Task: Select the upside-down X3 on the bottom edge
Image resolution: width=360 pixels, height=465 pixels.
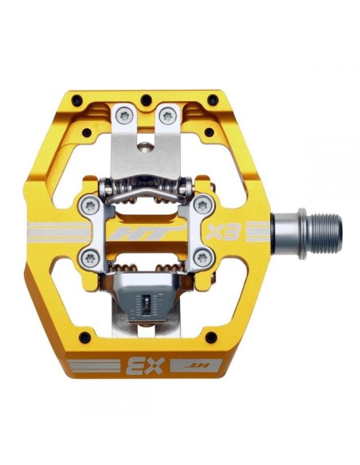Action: (146, 365)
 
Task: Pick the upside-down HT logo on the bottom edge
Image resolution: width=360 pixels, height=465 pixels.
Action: (197, 365)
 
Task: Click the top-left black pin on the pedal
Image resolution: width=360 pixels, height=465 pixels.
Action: (76, 99)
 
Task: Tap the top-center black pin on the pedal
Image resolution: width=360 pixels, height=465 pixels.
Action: (147, 100)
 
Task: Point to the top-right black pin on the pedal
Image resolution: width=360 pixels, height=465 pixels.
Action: (213, 99)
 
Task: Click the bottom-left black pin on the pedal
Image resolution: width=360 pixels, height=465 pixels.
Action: (85, 338)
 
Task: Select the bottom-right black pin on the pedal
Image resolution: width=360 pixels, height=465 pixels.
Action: (210, 338)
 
